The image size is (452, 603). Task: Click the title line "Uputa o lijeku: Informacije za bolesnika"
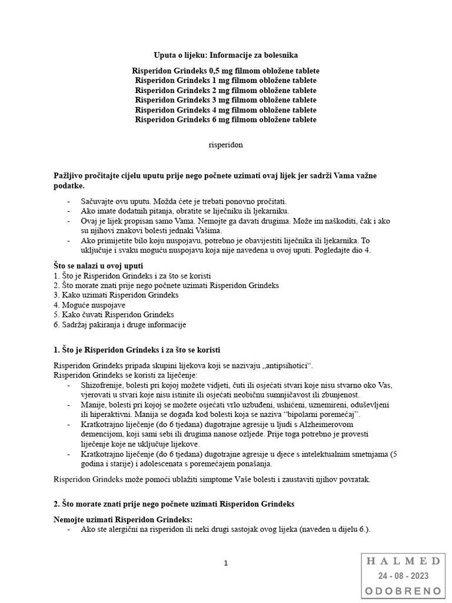point(226,55)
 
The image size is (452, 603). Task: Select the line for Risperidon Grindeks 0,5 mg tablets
point(226,71)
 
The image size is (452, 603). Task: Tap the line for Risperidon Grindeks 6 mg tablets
point(226,120)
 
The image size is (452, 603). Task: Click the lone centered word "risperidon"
point(226,144)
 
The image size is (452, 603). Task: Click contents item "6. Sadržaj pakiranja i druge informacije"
point(119,324)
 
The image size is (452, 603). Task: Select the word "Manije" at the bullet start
point(80,405)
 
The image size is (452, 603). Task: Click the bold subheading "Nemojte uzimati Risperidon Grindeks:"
point(123,519)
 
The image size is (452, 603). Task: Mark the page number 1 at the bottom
point(225,563)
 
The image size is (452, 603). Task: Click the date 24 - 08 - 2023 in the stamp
point(403,576)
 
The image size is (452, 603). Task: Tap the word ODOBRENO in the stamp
point(403,590)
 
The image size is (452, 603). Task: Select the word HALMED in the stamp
point(403,561)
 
